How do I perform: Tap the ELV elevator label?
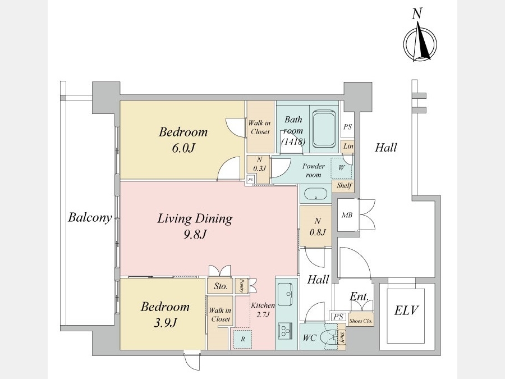406,310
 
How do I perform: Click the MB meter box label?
348,215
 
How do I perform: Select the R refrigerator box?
242,339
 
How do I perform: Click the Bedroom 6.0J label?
183,140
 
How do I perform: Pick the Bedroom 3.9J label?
164,314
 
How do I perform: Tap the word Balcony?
90,217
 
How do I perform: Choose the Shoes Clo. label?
361,321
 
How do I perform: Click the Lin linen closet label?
348,147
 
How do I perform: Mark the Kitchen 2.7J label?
263,310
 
